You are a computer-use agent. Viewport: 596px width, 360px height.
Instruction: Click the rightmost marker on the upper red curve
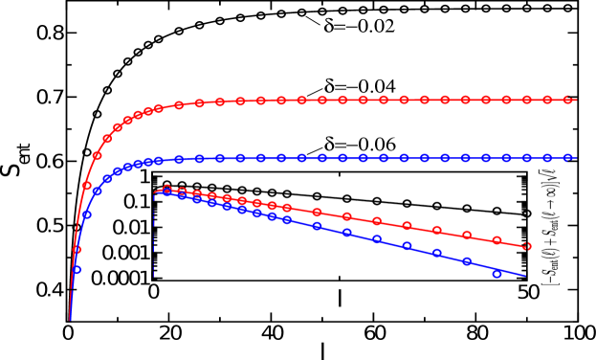point(568,100)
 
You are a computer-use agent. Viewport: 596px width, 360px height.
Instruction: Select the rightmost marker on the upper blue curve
point(568,157)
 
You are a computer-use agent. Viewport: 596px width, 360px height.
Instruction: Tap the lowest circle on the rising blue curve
point(77,270)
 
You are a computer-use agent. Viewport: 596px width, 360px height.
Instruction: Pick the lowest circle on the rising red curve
point(77,250)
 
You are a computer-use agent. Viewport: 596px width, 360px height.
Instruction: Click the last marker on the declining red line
point(527,246)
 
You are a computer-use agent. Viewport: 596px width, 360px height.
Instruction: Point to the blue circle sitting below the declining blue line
point(497,274)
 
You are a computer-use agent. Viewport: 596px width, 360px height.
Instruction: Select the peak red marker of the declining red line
point(167,189)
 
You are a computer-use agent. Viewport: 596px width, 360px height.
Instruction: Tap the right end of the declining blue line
point(525,276)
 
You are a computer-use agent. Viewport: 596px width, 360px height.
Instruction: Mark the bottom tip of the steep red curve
point(70,320)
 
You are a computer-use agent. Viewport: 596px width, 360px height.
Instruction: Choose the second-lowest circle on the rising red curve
point(87,186)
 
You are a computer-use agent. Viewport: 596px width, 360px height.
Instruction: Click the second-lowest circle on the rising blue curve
point(87,215)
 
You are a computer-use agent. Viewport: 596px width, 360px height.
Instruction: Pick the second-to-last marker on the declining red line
point(497,240)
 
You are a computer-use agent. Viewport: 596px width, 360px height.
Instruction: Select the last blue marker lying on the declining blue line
point(468,260)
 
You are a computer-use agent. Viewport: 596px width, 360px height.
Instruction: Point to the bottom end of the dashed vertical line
point(154,279)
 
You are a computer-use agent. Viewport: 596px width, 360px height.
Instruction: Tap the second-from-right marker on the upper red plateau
point(547,100)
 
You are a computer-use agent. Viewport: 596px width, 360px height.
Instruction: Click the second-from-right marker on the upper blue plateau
point(547,157)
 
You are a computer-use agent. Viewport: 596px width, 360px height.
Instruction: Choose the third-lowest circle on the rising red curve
point(97,155)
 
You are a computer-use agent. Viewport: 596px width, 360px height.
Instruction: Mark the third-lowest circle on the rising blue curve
point(97,191)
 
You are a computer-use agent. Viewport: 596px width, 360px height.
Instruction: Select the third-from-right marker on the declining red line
point(468,235)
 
